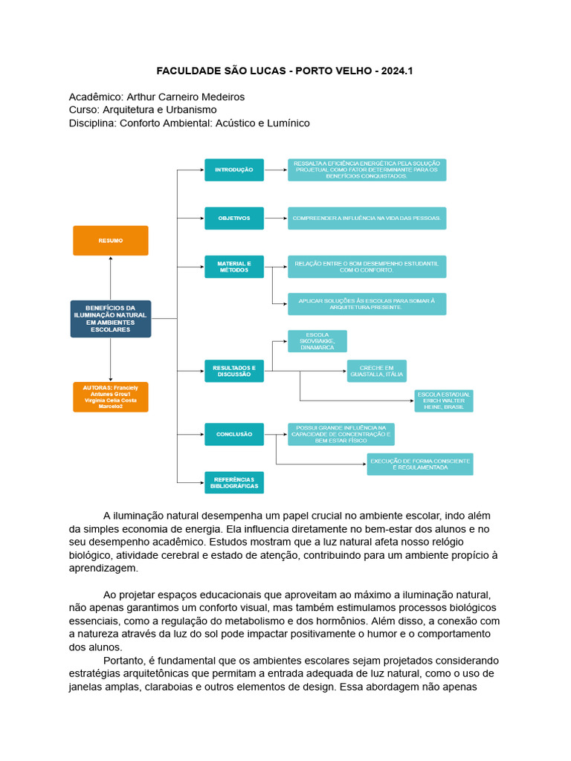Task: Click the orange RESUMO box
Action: (110, 241)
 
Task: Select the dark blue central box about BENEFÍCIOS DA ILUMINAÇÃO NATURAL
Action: (110, 319)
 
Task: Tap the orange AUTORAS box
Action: (110, 397)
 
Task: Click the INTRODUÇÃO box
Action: (234, 170)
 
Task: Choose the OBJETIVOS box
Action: (234, 218)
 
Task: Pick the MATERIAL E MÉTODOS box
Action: (234, 267)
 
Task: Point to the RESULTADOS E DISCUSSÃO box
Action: (234, 371)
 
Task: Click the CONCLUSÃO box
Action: (234, 434)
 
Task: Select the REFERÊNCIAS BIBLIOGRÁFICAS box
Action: (234, 482)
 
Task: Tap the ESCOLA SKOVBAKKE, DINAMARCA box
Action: (317, 341)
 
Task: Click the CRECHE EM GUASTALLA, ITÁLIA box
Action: (376, 371)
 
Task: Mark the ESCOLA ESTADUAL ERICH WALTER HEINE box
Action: (443, 401)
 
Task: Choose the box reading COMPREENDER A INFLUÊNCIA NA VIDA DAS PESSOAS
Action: (367, 218)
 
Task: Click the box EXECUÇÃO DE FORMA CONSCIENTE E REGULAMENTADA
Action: (419, 464)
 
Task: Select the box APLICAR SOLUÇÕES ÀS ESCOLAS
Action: (367, 304)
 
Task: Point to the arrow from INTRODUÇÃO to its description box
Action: (275, 170)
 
